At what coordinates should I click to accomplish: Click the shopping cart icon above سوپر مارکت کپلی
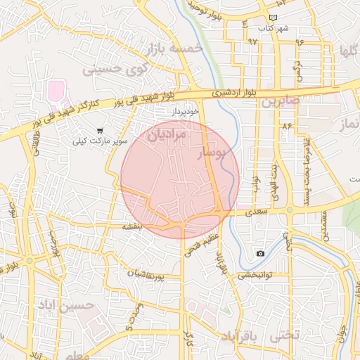(x=101, y=130)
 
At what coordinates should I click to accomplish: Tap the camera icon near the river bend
(x=261, y=253)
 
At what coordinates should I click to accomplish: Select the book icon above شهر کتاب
(x=274, y=18)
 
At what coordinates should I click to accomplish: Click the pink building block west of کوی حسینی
(x=56, y=90)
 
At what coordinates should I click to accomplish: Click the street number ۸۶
(x=286, y=125)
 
